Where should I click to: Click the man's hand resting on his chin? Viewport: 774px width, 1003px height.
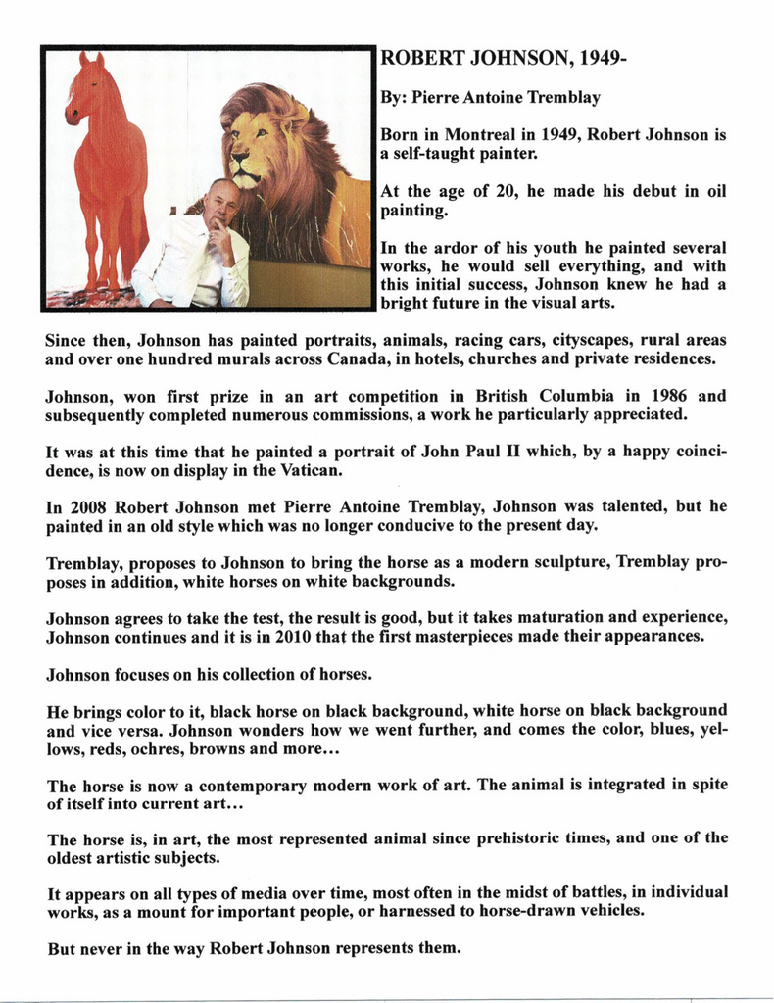[x=218, y=233]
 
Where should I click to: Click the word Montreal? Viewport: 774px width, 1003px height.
[x=481, y=134]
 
